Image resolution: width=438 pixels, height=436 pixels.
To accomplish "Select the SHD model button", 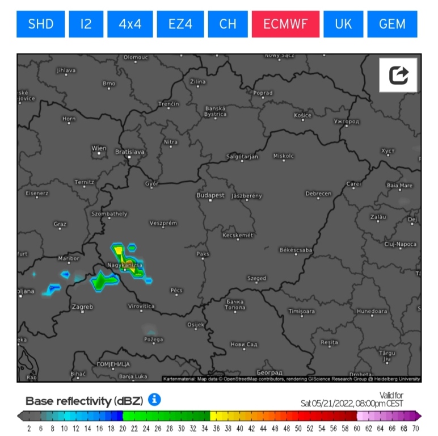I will [x=40, y=24].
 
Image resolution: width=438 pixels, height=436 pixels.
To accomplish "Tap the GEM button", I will [x=392, y=24].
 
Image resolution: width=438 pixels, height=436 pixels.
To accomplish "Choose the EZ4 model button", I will [x=180, y=24].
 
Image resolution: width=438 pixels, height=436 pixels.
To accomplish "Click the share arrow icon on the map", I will [x=399, y=74].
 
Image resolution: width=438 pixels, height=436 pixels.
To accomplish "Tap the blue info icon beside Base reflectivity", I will [x=154, y=400].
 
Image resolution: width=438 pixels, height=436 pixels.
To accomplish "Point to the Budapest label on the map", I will [x=210, y=196].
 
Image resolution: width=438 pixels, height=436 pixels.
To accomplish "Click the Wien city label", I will [x=99, y=149].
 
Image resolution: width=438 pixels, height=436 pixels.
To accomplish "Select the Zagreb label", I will [x=82, y=307].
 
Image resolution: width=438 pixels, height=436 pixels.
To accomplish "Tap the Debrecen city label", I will [x=318, y=194].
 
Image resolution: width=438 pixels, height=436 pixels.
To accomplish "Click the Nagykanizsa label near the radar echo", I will [x=125, y=265].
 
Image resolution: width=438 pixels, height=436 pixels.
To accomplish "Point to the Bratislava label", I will [x=130, y=152].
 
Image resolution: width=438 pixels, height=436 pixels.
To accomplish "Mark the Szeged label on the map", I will [x=256, y=279].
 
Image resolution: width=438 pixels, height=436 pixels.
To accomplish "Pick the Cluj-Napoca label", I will [x=400, y=244].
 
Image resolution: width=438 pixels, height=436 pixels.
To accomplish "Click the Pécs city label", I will [x=176, y=291].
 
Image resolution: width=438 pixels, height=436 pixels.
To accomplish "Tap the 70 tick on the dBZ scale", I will [x=416, y=429].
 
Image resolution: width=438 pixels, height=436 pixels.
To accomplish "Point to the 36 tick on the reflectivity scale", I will [x=216, y=429].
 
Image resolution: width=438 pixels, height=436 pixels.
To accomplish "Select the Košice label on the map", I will [x=302, y=116].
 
